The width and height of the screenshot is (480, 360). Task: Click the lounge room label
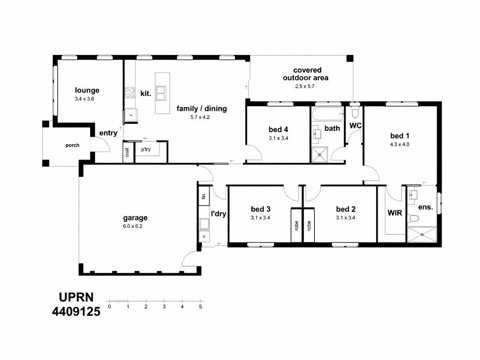[87, 90]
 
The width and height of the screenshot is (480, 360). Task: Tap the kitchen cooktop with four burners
[130, 92]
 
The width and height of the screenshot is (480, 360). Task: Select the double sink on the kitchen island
[161, 93]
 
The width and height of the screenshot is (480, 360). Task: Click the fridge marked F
[131, 115]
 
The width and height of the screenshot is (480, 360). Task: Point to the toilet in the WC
[354, 112]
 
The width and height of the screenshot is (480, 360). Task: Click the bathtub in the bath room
[328, 114]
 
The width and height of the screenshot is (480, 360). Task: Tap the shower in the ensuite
[422, 234]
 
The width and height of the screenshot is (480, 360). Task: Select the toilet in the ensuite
[413, 218]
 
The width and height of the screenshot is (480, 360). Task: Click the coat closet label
[127, 152]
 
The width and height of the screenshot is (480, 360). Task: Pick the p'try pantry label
[146, 150]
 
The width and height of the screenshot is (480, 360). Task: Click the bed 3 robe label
[296, 226]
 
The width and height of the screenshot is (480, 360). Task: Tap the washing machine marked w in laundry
[204, 236]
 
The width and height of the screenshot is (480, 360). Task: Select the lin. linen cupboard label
[204, 196]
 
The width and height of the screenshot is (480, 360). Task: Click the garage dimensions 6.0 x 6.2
[132, 226]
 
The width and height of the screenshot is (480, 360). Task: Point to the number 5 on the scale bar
[200, 307]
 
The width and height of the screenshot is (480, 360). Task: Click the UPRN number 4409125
[76, 312]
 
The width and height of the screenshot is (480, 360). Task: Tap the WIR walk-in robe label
[395, 213]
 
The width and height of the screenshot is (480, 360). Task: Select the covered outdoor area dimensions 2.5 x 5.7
[305, 86]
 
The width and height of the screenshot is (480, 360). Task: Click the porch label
[72, 145]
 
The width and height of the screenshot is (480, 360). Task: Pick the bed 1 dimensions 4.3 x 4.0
[400, 144]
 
